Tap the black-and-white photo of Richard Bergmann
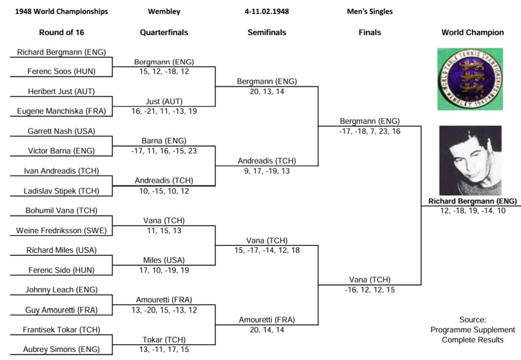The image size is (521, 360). [470, 160]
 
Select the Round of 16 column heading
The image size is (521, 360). [61, 33]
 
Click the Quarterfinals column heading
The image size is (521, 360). [164, 33]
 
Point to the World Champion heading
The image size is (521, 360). [472, 33]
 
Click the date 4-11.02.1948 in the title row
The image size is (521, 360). [267, 11]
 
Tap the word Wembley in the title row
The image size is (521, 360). [164, 11]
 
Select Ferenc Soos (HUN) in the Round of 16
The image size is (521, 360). [61, 71]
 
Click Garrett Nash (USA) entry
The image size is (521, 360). [61, 131]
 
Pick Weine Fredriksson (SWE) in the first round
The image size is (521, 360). [61, 231]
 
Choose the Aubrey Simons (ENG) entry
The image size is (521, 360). [61, 349]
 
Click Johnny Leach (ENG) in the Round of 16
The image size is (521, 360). [61, 290]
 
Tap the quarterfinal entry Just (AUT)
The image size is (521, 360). [164, 101]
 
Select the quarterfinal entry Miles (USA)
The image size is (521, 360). [164, 260]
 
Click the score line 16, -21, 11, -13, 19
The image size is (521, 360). [164, 111]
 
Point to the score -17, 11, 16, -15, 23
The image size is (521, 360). [164, 151]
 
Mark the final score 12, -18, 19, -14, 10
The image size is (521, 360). [472, 211]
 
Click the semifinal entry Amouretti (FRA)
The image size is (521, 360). [267, 319]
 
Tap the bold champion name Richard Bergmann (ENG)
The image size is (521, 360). [472, 201]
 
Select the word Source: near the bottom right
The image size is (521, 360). [472, 320]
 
